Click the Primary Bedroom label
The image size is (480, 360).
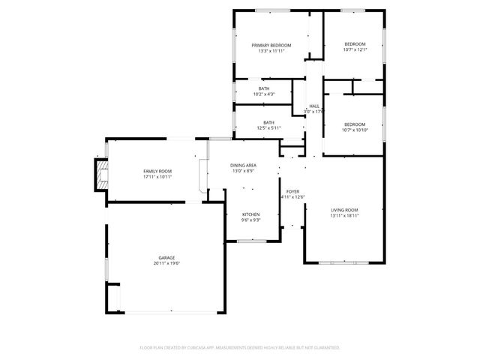coord(271,46)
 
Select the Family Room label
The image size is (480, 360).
coord(157,172)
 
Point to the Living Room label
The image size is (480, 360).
coord(344,210)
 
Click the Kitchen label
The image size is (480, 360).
coord(250,214)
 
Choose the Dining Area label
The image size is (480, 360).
coord(243,165)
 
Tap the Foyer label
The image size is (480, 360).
coord(292,191)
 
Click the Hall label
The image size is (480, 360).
coord(314,106)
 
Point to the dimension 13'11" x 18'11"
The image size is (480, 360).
coord(344,215)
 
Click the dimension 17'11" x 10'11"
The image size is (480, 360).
coord(157,177)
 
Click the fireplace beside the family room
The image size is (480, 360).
coord(97,174)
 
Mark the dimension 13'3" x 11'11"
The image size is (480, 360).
coord(271,51)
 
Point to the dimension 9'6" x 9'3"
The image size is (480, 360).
coord(250,220)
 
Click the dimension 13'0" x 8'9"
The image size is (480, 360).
coord(243,170)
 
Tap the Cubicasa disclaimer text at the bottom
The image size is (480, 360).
coord(240,348)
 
